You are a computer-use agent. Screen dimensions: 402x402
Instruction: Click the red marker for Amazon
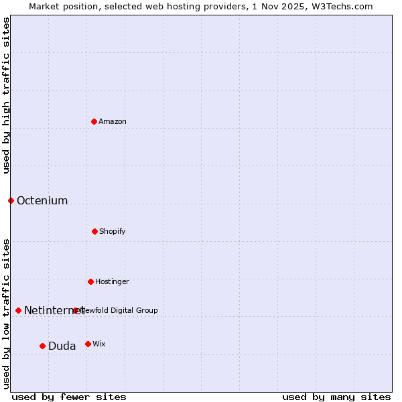(94, 121)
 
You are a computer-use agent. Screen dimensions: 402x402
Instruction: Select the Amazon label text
(113, 121)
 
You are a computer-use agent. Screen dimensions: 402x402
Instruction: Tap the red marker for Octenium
(11, 200)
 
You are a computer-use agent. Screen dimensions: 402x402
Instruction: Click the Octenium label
(42, 200)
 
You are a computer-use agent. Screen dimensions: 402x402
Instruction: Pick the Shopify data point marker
(94, 231)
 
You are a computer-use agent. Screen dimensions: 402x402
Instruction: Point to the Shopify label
(113, 231)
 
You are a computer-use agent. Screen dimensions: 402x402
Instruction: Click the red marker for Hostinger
(90, 281)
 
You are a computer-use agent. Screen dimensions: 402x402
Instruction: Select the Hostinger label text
(112, 281)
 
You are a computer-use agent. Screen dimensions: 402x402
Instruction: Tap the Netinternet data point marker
(18, 310)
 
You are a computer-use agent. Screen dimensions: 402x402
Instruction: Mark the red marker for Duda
(42, 346)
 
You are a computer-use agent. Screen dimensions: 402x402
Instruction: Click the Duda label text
(62, 346)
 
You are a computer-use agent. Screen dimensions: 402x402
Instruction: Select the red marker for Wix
(88, 344)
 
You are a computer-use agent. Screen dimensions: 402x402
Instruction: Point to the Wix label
(99, 344)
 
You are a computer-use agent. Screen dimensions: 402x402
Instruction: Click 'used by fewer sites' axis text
(69, 397)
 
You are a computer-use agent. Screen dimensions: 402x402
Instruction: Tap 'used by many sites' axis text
(336, 397)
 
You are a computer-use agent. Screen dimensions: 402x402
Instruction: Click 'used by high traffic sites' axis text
(6, 95)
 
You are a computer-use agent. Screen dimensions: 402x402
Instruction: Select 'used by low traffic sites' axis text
(6, 313)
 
